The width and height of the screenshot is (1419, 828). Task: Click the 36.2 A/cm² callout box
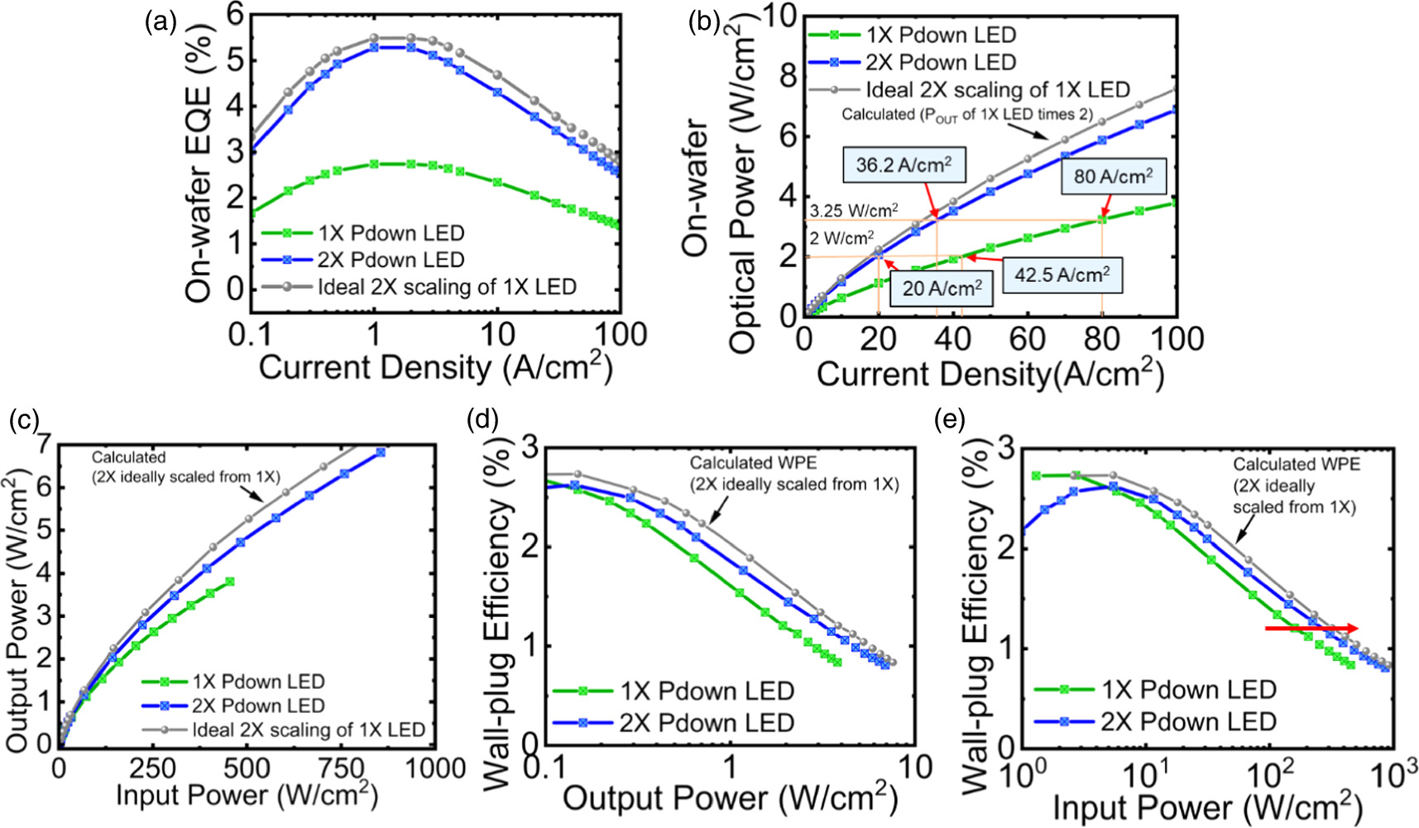pos(903,165)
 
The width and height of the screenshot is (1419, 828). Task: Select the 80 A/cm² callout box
pos(1113,176)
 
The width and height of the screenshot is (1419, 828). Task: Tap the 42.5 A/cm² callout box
pos(1062,274)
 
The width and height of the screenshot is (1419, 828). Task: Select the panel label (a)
pos(159,23)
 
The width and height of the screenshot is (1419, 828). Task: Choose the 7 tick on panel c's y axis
pos(41,444)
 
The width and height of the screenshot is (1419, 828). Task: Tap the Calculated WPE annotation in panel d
pos(793,473)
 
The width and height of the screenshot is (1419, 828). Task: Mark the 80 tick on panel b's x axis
pos(1101,338)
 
